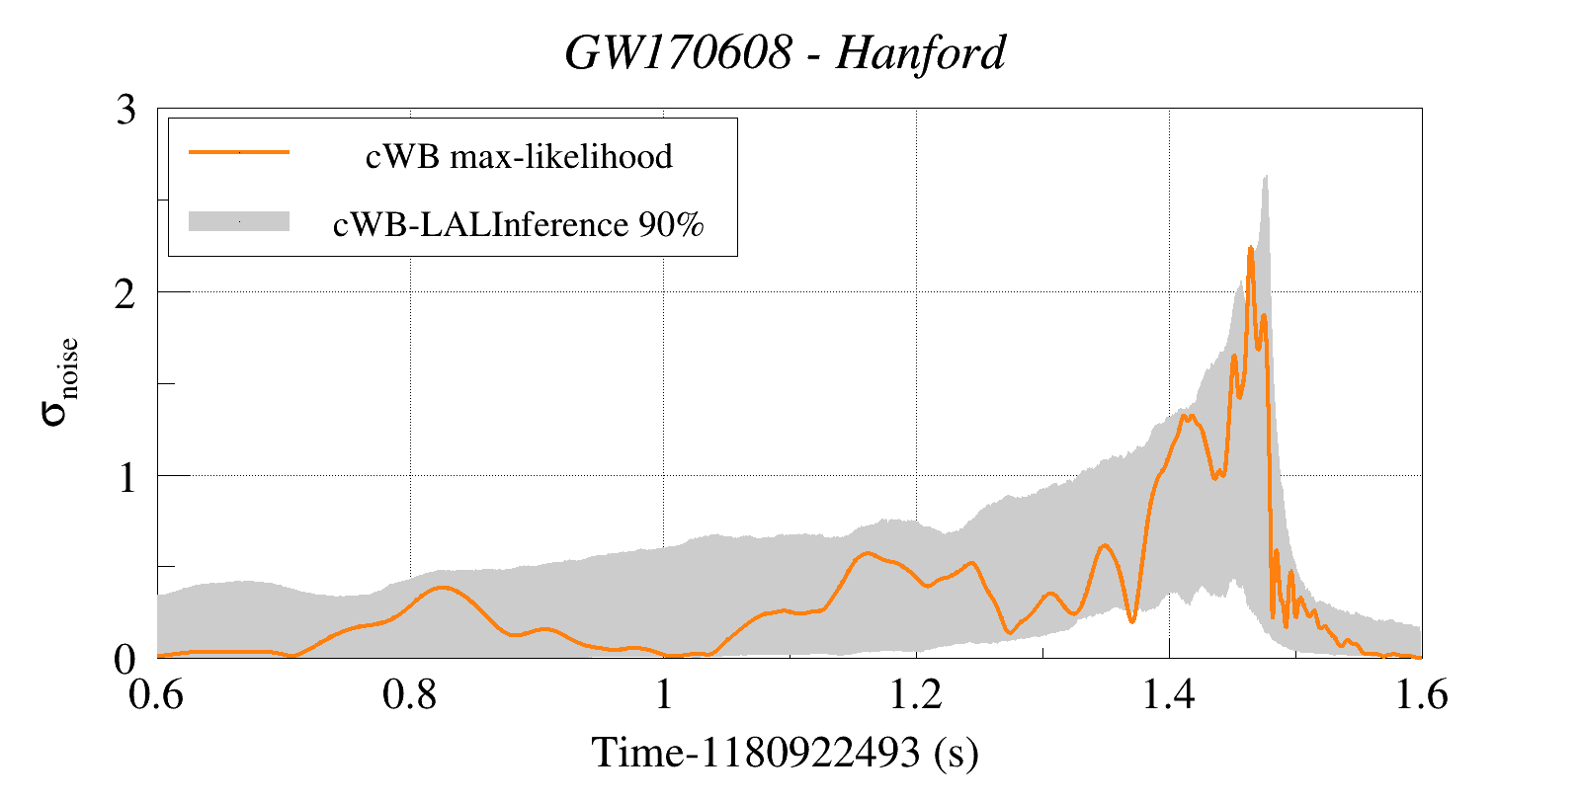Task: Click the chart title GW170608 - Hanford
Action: [786, 53]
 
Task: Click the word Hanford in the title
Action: [921, 53]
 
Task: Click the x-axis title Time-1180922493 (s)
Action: [786, 753]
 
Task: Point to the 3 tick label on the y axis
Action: [125, 110]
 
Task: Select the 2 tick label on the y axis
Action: [125, 293]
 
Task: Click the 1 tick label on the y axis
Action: [125, 477]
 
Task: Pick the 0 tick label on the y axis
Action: [125, 660]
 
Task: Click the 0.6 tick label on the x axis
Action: [157, 695]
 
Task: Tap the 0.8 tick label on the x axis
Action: [410, 695]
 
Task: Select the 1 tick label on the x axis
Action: [663, 695]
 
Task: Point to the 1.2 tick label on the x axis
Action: [916, 695]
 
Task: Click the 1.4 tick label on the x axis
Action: [1169, 695]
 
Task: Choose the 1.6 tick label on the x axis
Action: [1421, 695]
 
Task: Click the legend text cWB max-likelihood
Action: [519, 156]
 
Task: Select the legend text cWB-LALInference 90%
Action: [519, 224]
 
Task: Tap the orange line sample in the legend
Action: [239, 152]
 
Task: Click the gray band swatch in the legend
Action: [239, 221]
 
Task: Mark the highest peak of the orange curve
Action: [1250, 249]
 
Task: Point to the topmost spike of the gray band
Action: [1266, 177]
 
